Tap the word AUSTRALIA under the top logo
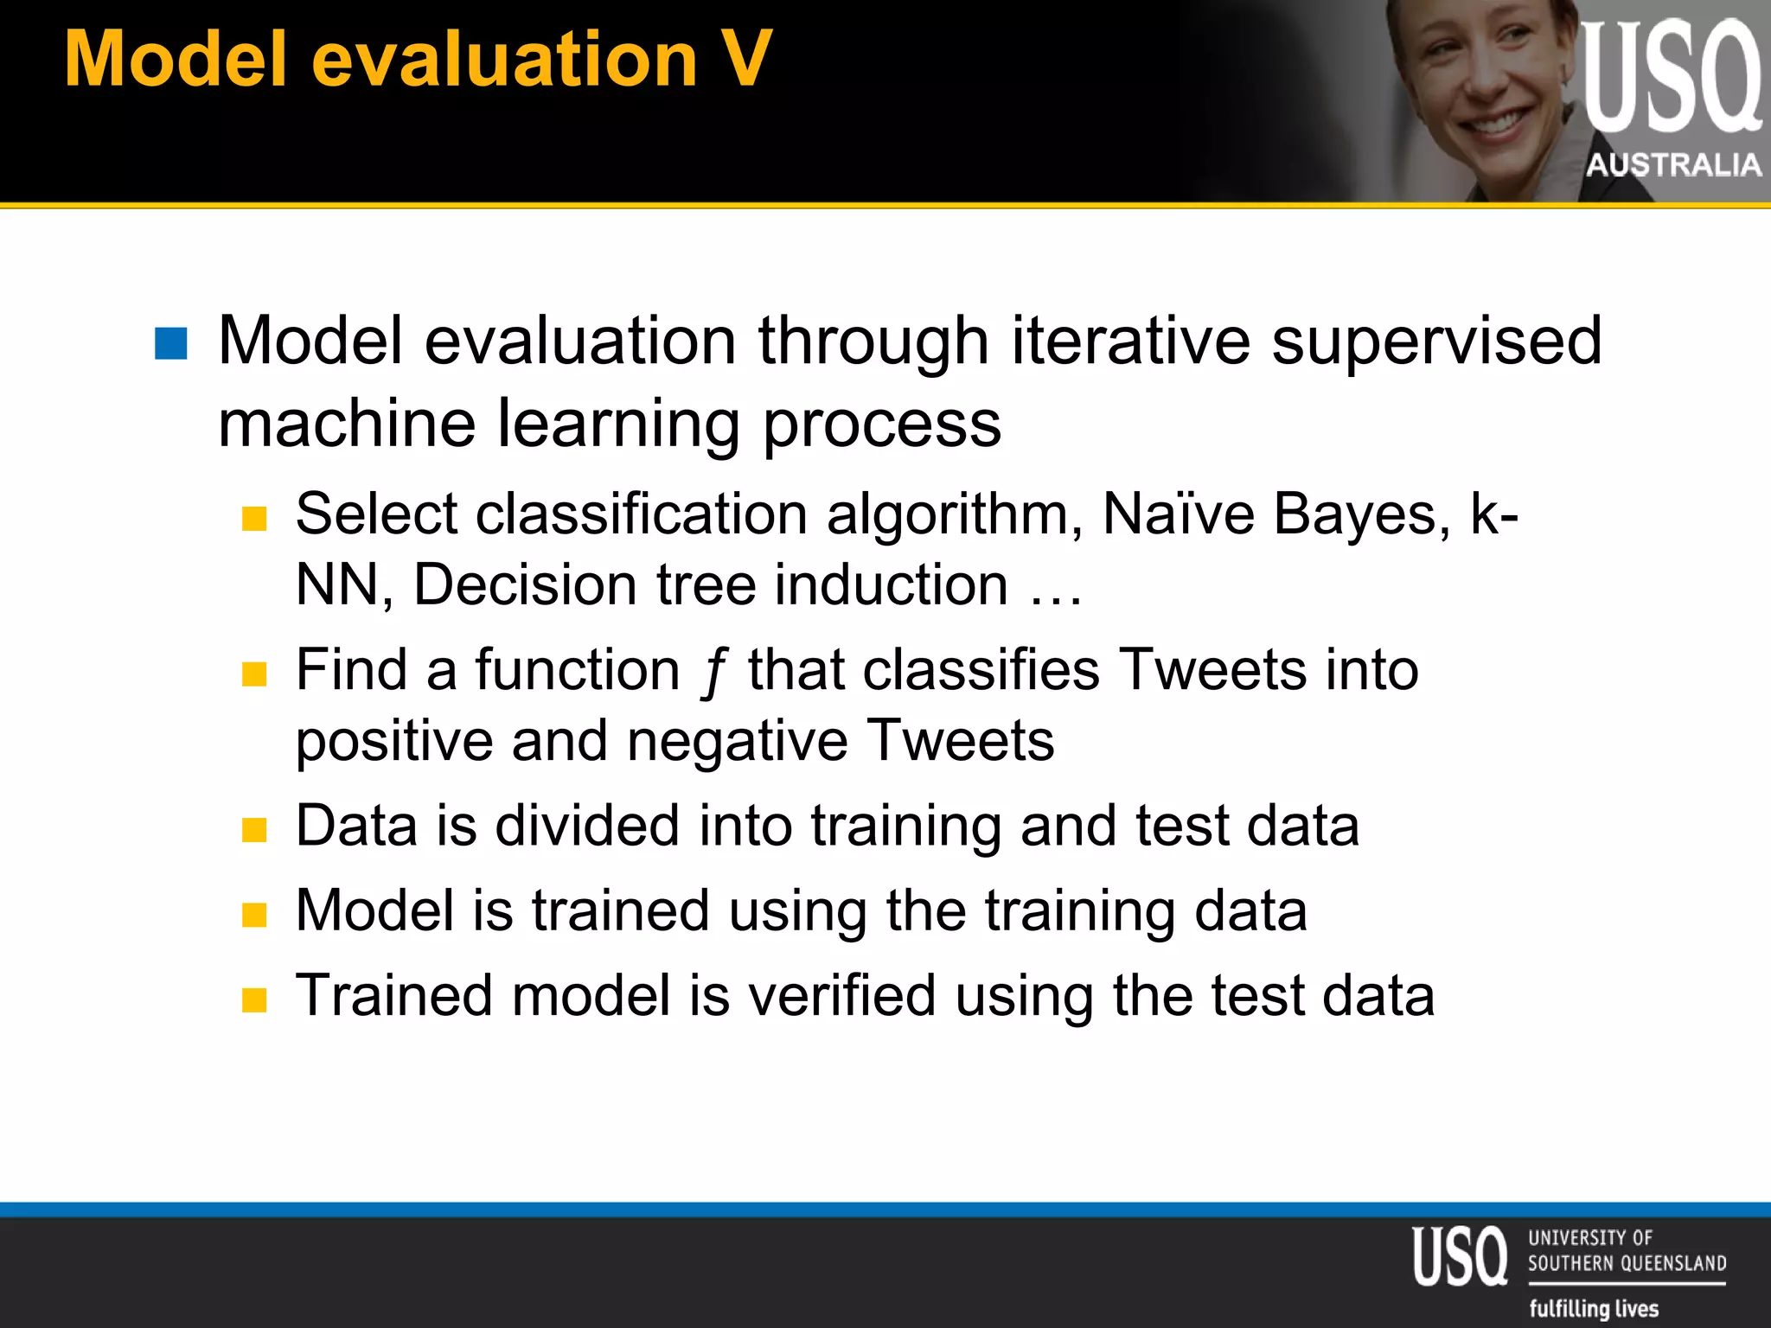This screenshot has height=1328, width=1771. [x=1673, y=164]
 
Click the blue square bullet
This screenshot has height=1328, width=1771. [x=170, y=343]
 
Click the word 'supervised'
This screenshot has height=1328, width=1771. [x=1436, y=341]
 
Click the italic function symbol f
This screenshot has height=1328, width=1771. [x=713, y=673]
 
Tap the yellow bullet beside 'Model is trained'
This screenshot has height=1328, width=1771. [x=254, y=914]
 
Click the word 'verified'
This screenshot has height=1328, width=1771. [x=841, y=995]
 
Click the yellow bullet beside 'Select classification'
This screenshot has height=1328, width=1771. [x=254, y=518]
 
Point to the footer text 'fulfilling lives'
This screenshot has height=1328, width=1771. [x=1594, y=1308]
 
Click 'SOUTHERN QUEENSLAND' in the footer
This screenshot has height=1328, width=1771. [x=1627, y=1263]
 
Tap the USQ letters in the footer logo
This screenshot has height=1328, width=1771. [x=1459, y=1255]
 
